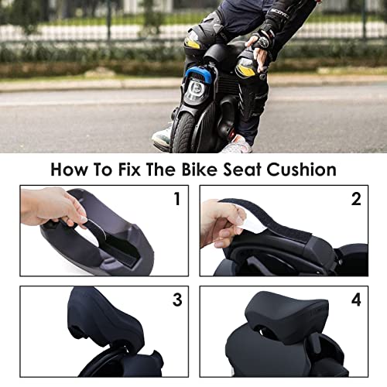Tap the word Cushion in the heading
(301, 170)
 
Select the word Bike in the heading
(200, 170)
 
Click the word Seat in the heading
(242, 170)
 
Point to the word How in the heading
(69, 170)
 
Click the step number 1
(177, 199)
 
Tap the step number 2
(356, 199)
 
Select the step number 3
(177, 300)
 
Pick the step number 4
(356, 300)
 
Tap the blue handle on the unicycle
(200, 74)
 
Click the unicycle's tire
(183, 132)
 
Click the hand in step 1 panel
(53, 207)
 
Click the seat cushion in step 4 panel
(286, 313)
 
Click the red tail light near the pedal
(232, 135)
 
